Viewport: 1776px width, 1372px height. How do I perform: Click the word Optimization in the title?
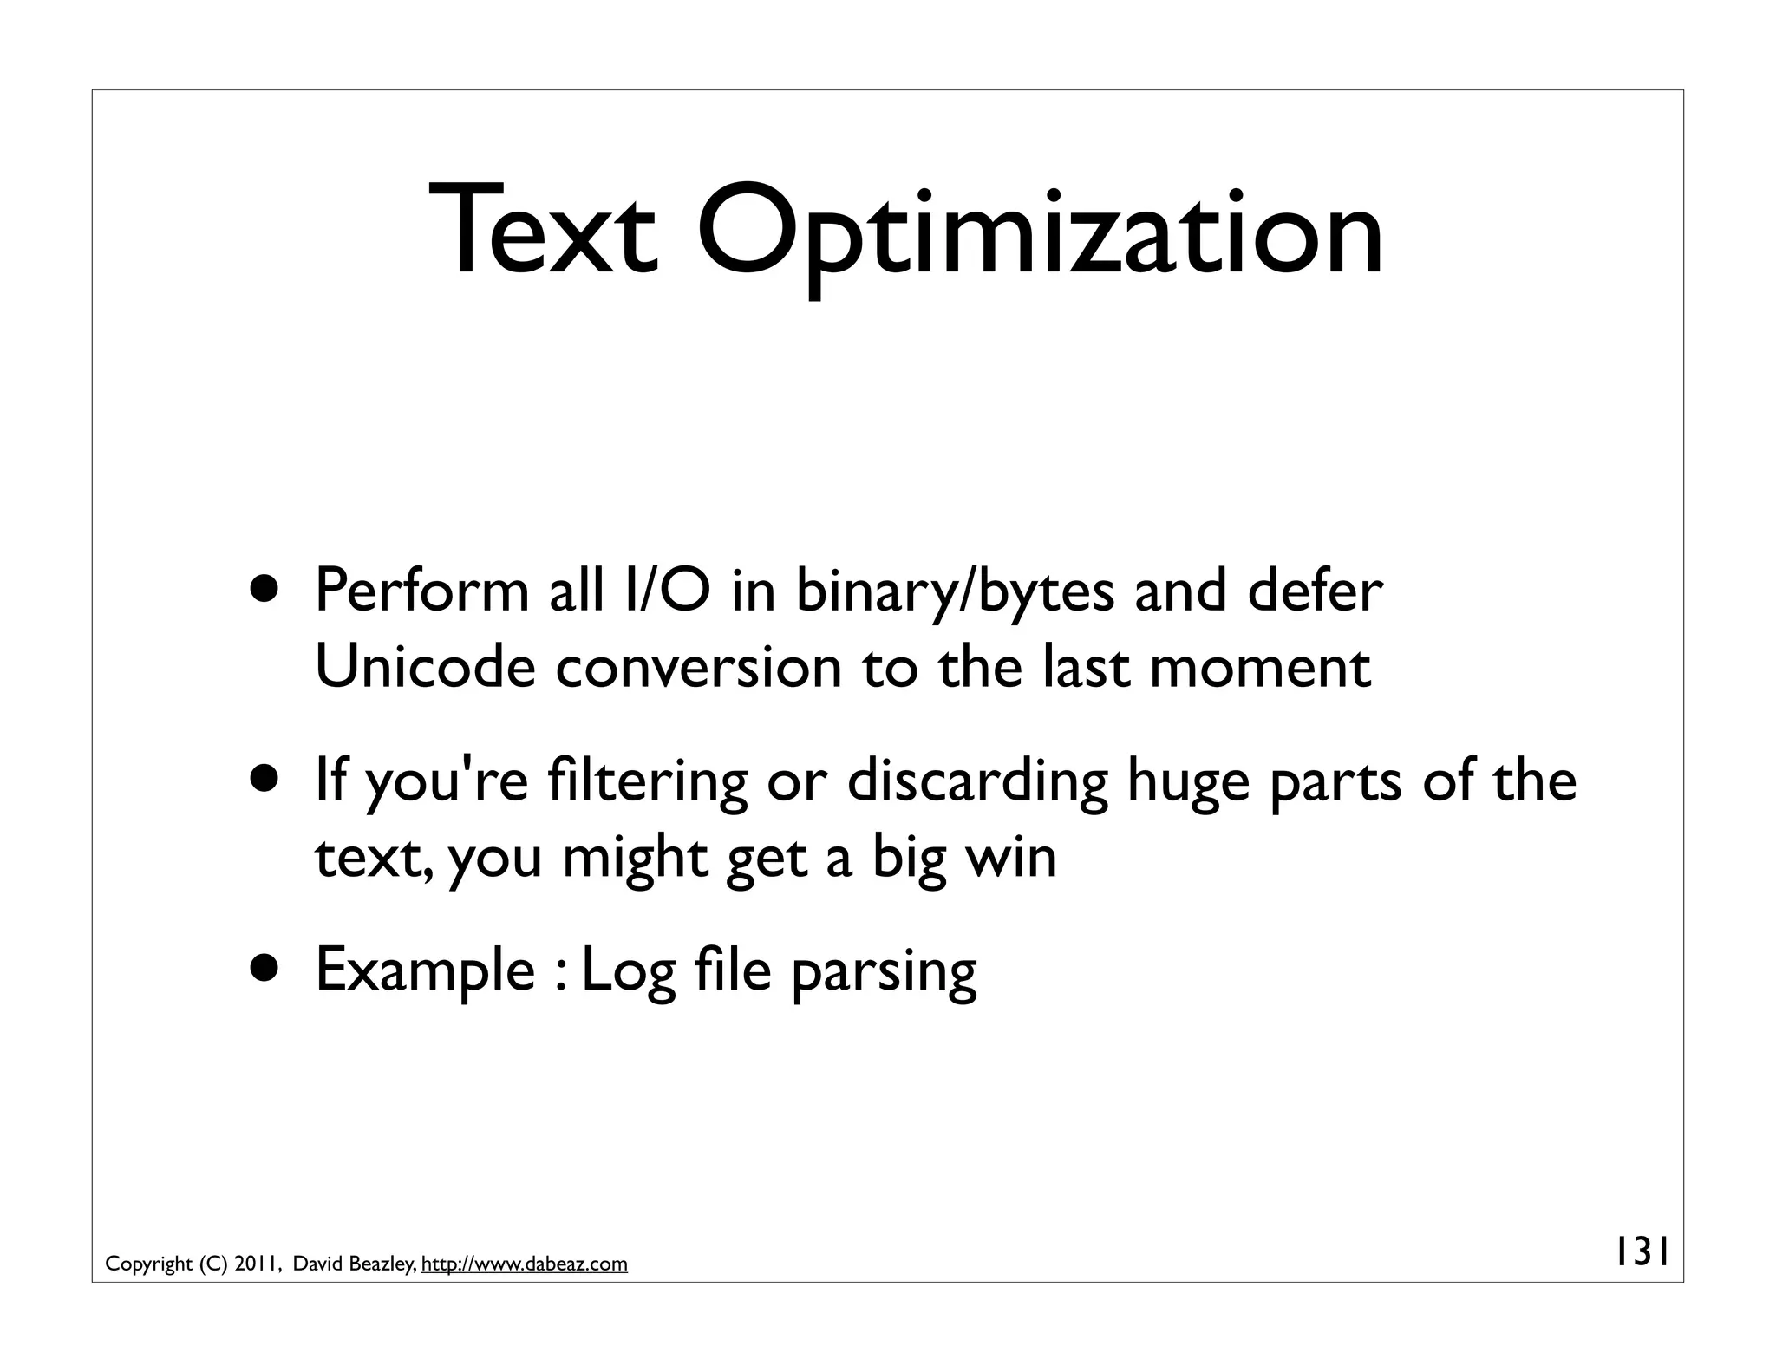tap(1040, 232)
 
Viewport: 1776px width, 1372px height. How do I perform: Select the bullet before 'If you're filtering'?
tap(266, 780)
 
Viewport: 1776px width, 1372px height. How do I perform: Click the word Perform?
tap(421, 591)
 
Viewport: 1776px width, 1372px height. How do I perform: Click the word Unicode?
tap(425, 668)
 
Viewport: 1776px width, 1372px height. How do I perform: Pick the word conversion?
tap(698, 668)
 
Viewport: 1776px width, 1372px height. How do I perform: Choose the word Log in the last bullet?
tap(628, 971)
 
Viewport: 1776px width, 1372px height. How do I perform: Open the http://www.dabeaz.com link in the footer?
tap(524, 1264)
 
